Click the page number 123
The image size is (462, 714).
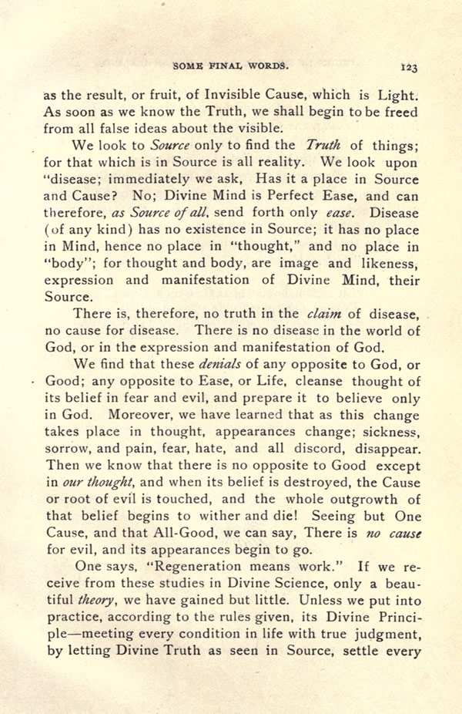[409, 67]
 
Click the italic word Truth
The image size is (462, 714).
[323, 145]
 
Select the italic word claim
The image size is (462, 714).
[324, 314]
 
